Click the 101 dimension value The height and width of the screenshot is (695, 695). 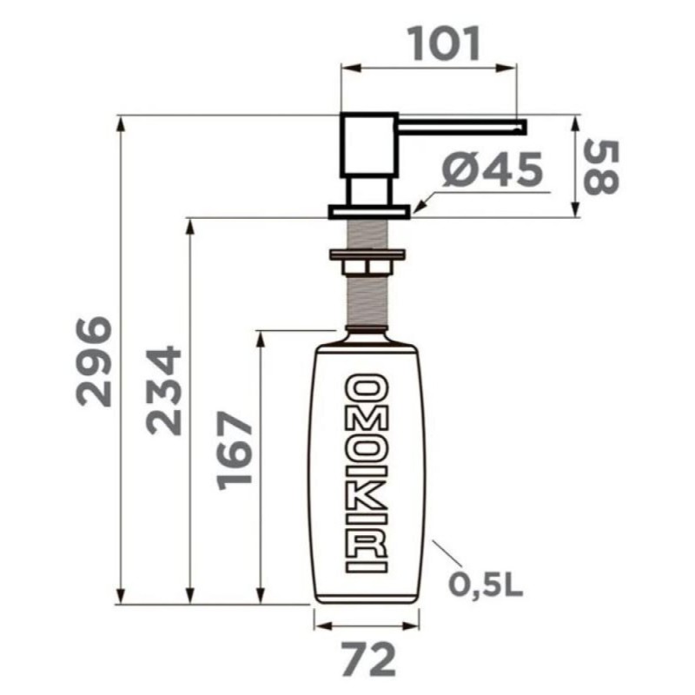(x=445, y=44)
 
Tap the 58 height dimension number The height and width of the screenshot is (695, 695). (x=600, y=167)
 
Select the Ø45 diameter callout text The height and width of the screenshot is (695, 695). (x=493, y=169)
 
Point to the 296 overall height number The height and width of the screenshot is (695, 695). (x=94, y=361)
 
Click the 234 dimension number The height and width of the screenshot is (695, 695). (x=164, y=391)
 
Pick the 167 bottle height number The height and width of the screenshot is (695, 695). (x=234, y=451)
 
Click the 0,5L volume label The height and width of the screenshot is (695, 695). (x=486, y=585)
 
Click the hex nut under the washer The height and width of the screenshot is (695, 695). (x=367, y=268)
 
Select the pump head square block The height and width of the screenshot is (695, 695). (x=368, y=146)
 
